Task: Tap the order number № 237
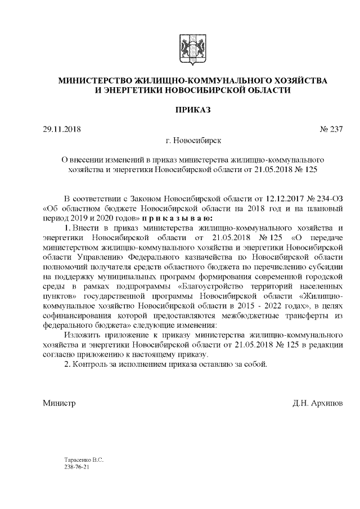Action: point(331,130)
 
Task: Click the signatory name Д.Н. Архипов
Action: point(317,403)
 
